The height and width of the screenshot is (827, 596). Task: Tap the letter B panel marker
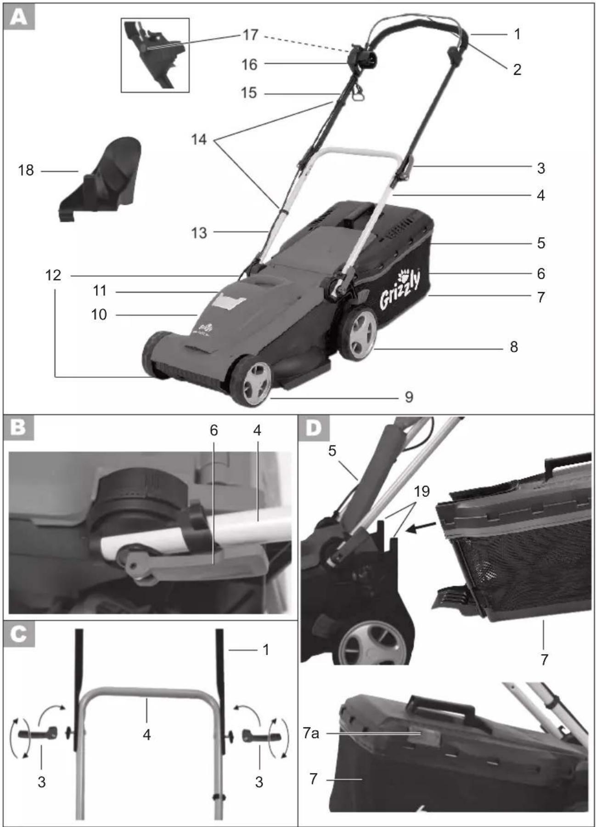tap(19, 428)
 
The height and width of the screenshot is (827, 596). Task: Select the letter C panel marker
tap(19, 634)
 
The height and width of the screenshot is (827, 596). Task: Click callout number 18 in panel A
tap(26, 170)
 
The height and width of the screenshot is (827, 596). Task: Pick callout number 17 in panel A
tap(251, 35)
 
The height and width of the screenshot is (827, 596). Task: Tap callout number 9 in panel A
tap(409, 397)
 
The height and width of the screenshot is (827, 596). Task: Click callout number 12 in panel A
tap(53, 275)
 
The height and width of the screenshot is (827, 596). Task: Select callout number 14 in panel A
tap(199, 139)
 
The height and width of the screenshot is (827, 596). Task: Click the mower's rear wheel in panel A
tap(358, 333)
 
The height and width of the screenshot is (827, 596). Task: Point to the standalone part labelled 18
tap(100, 179)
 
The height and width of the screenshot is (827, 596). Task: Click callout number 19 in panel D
tap(422, 491)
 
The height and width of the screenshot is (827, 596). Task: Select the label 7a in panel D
tap(311, 733)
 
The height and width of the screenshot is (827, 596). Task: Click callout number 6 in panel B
tap(214, 430)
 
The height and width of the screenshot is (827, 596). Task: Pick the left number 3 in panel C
tap(42, 782)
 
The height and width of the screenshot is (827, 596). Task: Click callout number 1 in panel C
tap(265, 650)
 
